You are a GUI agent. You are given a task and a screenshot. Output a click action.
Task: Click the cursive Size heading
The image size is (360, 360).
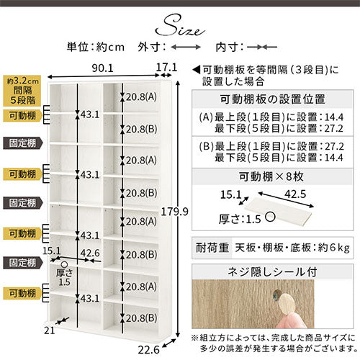180,27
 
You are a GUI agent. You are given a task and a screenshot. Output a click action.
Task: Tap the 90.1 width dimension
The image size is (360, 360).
102,68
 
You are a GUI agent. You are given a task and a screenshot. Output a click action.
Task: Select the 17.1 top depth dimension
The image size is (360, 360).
166,68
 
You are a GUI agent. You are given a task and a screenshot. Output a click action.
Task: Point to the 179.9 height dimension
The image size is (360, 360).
174,212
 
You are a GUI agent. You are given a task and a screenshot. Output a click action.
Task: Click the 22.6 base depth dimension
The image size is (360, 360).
148,350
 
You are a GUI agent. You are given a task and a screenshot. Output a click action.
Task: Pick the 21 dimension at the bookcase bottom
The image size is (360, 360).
50,330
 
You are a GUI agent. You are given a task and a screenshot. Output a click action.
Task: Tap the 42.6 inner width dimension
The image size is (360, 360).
90,253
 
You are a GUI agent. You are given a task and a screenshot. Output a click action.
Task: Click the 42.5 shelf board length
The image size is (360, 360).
295,194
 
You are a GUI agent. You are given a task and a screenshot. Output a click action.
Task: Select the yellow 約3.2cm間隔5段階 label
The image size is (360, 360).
22,91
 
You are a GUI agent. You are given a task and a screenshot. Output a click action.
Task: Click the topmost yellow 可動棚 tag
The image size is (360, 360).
22,116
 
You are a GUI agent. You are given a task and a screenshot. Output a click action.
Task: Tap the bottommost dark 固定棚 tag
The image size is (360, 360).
23,263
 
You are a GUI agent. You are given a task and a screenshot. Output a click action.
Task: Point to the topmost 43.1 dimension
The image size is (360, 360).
90,114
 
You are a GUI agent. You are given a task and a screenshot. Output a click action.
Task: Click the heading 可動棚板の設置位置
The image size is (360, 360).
273,99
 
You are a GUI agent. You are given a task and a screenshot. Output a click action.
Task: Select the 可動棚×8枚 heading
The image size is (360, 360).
271,177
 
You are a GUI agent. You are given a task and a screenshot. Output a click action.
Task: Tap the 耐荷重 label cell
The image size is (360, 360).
212,248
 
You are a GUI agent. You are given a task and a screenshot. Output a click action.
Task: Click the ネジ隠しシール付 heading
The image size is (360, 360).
272,272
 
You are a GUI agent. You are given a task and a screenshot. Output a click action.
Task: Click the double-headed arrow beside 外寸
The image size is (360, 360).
186,47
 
